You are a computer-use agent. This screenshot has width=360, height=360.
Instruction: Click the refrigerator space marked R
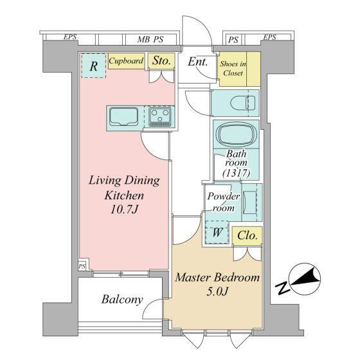pyautogui.click(x=94, y=66)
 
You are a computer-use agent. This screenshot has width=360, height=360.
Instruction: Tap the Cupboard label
pyautogui.click(x=126, y=61)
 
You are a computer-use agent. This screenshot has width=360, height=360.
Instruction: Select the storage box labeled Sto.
pyautogui.click(x=161, y=60)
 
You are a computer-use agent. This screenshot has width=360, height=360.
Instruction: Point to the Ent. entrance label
pyautogui.click(x=198, y=62)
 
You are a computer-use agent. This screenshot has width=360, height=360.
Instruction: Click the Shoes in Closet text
pyautogui.click(x=233, y=68)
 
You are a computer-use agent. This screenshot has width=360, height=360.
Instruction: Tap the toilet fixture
pyautogui.click(x=243, y=103)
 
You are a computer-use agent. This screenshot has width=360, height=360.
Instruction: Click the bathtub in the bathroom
pyautogui.click(x=236, y=134)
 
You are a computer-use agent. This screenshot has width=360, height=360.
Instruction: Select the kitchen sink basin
pyautogui.click(x=123, y=116)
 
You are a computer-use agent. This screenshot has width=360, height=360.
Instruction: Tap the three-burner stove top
pyautogui.click(x=160, y=116)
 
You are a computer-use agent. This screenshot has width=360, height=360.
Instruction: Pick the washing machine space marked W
pyautogui.click(x=217, y=233)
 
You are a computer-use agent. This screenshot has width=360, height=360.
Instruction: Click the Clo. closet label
pyautogui.click(x=247, y=235)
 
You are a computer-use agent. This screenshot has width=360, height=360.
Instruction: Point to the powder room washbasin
pyautogui.click(x=250, y=203)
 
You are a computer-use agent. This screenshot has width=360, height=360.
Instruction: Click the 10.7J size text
pyautogui.click(x=124, y=210)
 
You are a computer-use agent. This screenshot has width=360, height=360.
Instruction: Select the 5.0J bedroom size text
pyautogui.click(x=217, y=292)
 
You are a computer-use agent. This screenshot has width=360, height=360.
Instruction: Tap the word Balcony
pyautogui.click(x=122, y=300)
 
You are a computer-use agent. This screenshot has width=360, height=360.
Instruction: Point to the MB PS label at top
pyautogui.click(x=150, y=39)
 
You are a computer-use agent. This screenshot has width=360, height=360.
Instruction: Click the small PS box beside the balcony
pyautogui.click(x=82, y=266)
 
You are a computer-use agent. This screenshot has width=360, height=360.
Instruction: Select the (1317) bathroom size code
pyautogui.click(x=236, y=173)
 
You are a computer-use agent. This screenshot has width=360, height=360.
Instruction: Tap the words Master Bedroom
pyautogui.click(x=217, y=278)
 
